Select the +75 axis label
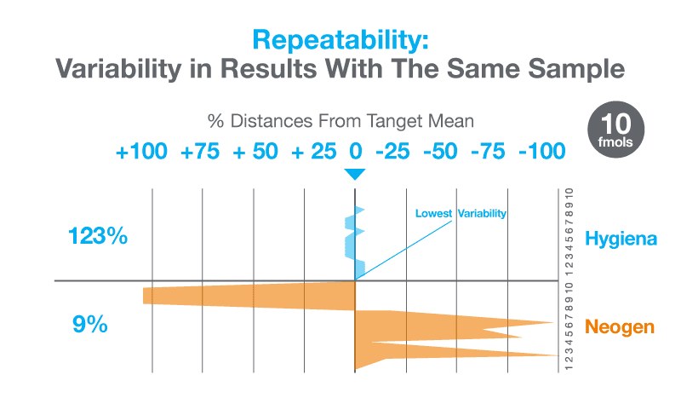(x=201, y=152)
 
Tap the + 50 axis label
(x=255, y=152)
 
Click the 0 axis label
(x=356, y=152)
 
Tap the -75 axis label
(x=491, y=152)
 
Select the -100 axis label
(x=542, y=152)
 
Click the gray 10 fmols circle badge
(x=616, y=125)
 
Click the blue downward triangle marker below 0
(x=355, y=174)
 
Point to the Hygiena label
(x=621, y=239)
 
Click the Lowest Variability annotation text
(x=461, y=213)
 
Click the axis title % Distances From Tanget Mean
(x=340, y=121)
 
